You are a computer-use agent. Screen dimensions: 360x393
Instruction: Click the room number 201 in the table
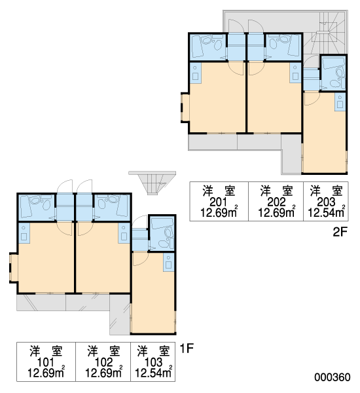pos(219,202)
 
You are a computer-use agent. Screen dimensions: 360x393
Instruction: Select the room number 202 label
pos(276,202)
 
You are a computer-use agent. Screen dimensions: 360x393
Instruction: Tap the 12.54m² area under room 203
pos(327,212)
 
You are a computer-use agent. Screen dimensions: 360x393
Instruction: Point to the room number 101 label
pos(45,362)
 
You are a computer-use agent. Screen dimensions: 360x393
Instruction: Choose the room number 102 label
pos(103,362)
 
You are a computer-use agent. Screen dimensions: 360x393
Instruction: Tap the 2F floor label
pos(340,233)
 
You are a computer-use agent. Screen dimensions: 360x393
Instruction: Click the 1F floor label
pos(187,348)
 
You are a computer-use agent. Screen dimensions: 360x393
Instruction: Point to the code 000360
pos(333,377)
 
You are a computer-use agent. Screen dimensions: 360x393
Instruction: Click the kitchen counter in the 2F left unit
pos(196,73)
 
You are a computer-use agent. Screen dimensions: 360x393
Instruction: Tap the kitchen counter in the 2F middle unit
pos(295,73)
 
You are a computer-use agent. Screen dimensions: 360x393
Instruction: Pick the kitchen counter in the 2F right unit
pos(340,102)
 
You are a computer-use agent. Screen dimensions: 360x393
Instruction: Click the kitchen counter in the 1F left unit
pos(24,233)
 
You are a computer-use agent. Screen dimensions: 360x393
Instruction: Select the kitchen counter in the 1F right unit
pos(168,263)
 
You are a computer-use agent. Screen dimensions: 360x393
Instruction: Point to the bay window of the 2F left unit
pos(185,108)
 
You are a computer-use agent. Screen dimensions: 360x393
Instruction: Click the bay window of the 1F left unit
pos(14,268)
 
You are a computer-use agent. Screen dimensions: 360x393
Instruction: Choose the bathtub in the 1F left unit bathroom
pos(26,207)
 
